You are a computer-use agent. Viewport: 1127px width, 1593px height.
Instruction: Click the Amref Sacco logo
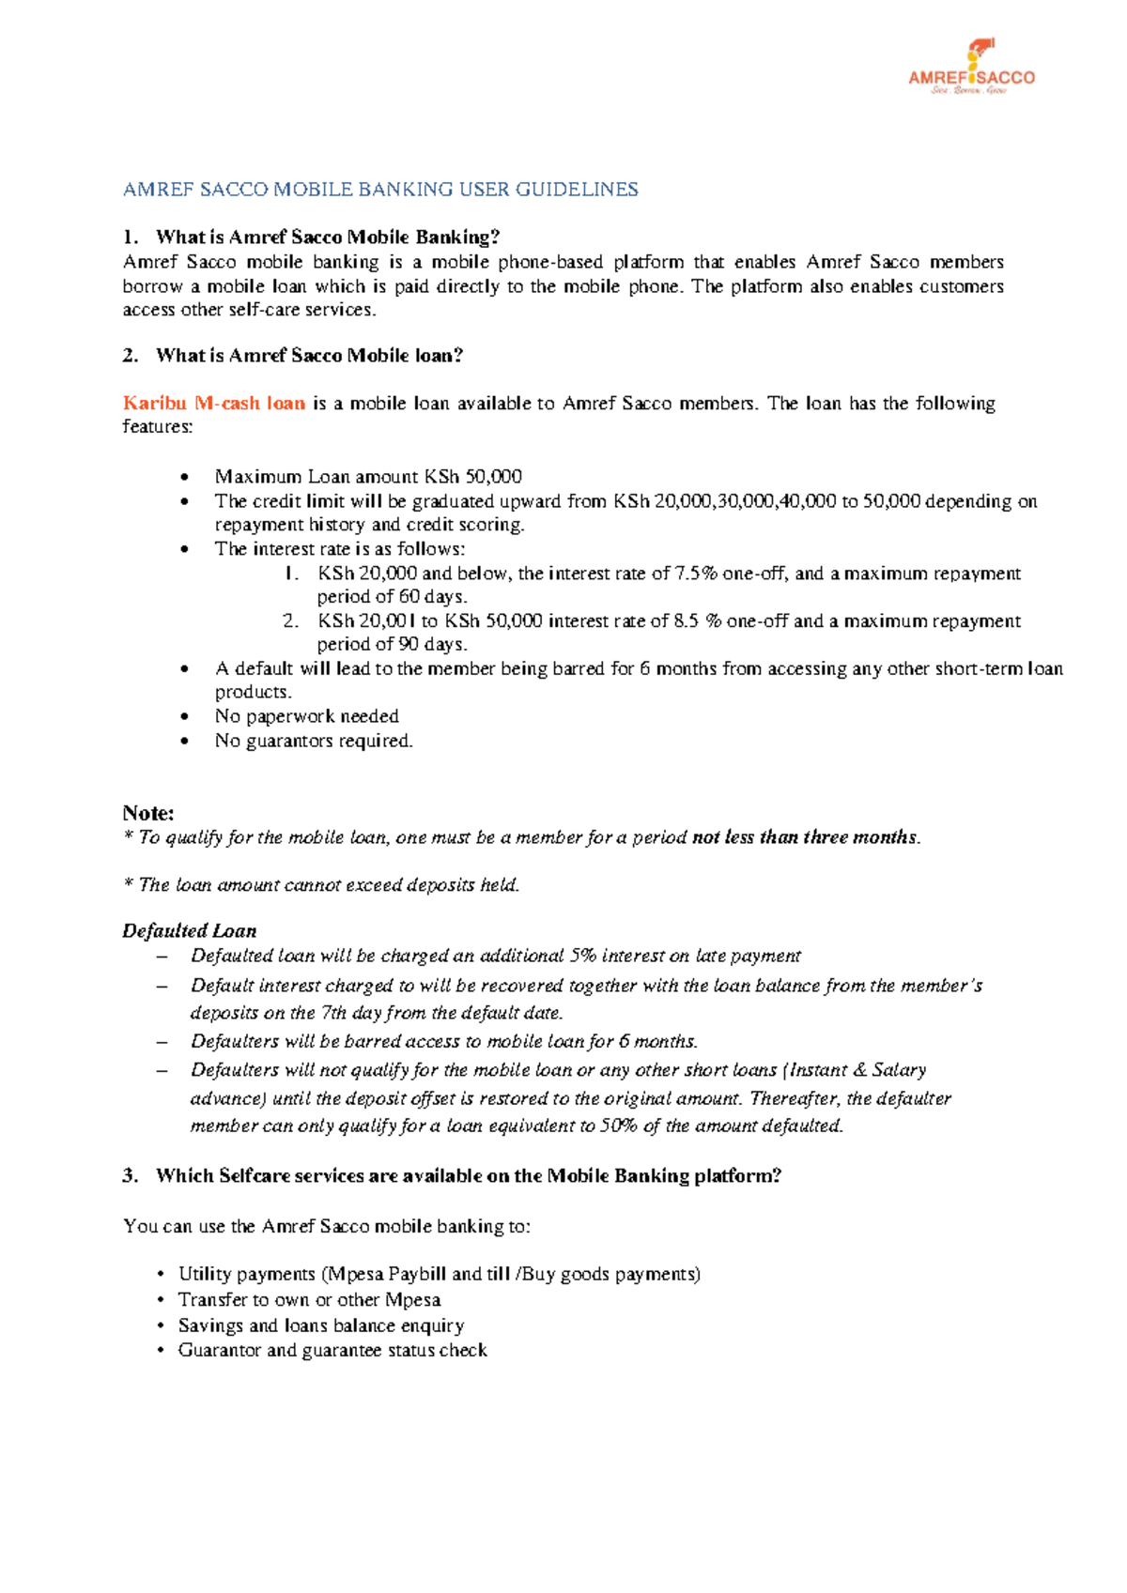(971, 68)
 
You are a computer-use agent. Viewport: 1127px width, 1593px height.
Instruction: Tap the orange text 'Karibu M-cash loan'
(214, 404)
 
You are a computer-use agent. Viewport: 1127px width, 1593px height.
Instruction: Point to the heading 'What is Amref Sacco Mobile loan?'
(309, 356)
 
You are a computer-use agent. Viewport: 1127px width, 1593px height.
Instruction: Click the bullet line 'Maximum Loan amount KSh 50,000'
(368, 477)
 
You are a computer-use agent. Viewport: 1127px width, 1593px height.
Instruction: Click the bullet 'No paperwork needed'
(306, 716)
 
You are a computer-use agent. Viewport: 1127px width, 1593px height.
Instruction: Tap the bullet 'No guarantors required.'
(314, 742)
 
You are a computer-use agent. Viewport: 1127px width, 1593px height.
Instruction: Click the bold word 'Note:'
(148, 813)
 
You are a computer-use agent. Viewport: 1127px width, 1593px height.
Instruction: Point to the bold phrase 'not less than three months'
(804, 837)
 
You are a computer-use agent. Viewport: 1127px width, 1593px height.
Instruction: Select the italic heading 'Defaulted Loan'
(189, 931)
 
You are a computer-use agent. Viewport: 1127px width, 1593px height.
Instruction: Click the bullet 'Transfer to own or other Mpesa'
(309, 1300)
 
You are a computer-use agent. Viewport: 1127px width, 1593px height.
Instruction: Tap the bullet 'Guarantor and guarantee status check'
(332, 1351)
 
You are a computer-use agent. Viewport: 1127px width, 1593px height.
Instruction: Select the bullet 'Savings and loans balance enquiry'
(321, 1325)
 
